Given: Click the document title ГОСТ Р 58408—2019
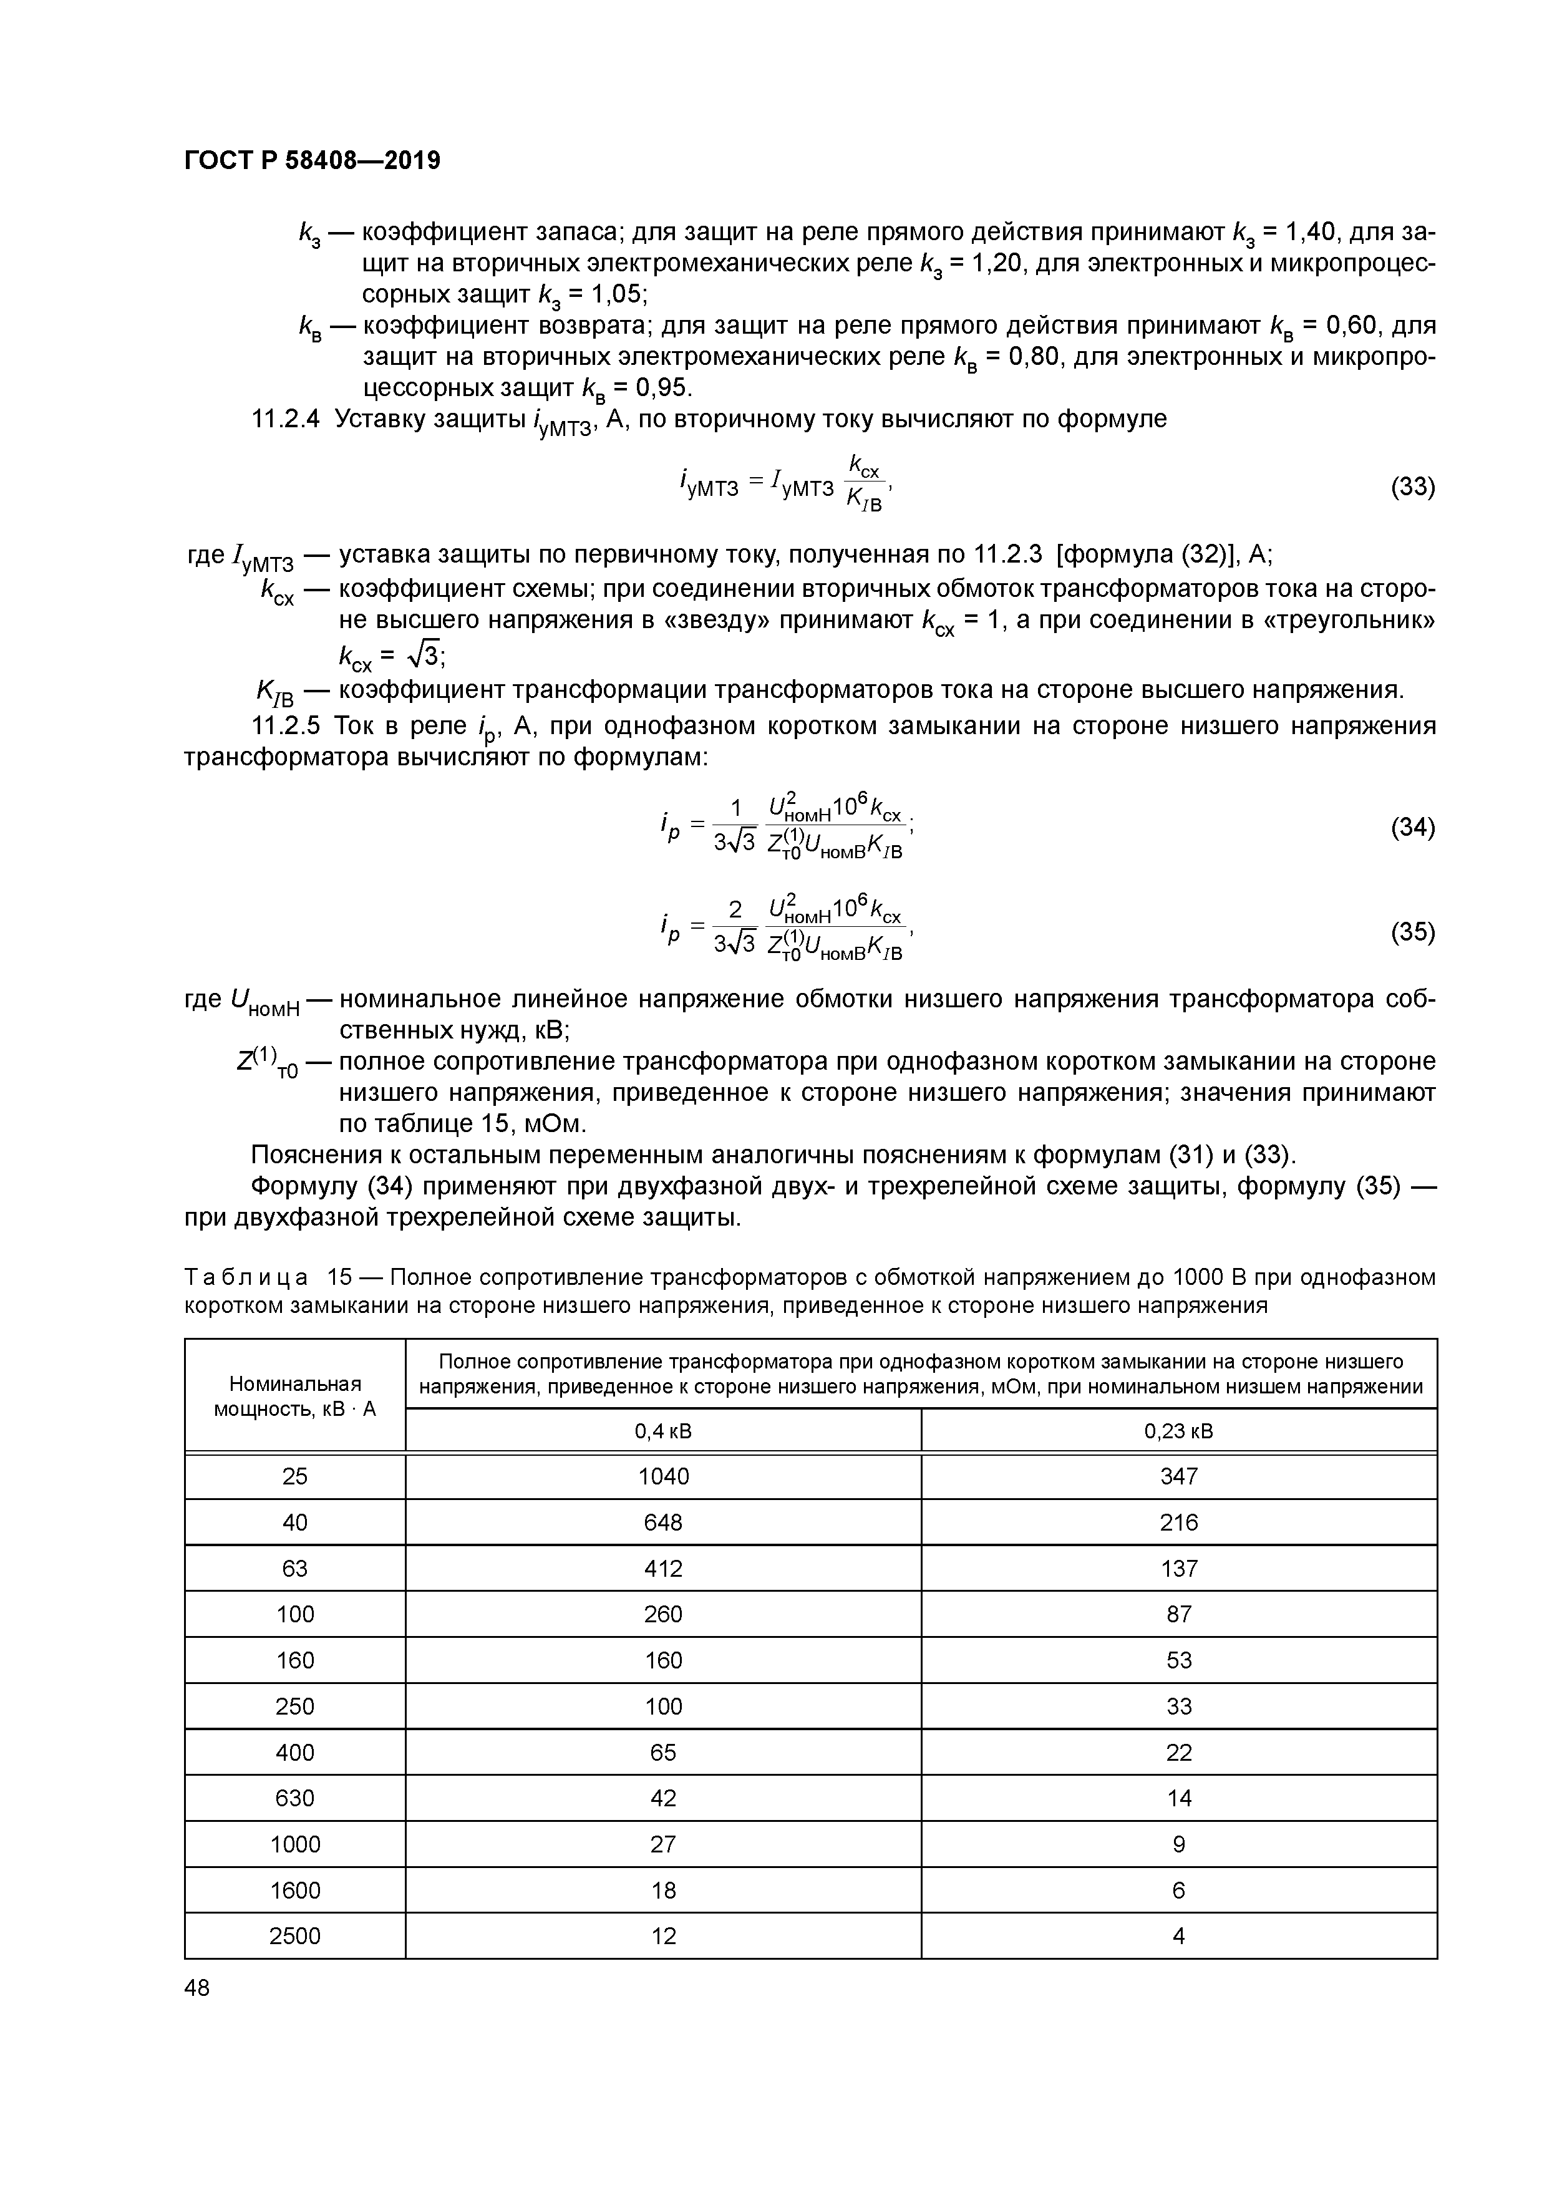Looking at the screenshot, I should pyautogui.click(x=312, y=160).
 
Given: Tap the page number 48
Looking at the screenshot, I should pyautogui.click(x=197, y=1987).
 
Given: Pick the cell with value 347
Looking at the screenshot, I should pyautogui.click(x=1178, y=1476).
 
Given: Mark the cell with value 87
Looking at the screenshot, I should pyautogui.click(x=1178, y=1614).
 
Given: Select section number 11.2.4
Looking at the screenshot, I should pyautogui.click(x=284, y=419).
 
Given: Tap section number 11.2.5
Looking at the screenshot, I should pyautogui.click(x=284, y=726).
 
